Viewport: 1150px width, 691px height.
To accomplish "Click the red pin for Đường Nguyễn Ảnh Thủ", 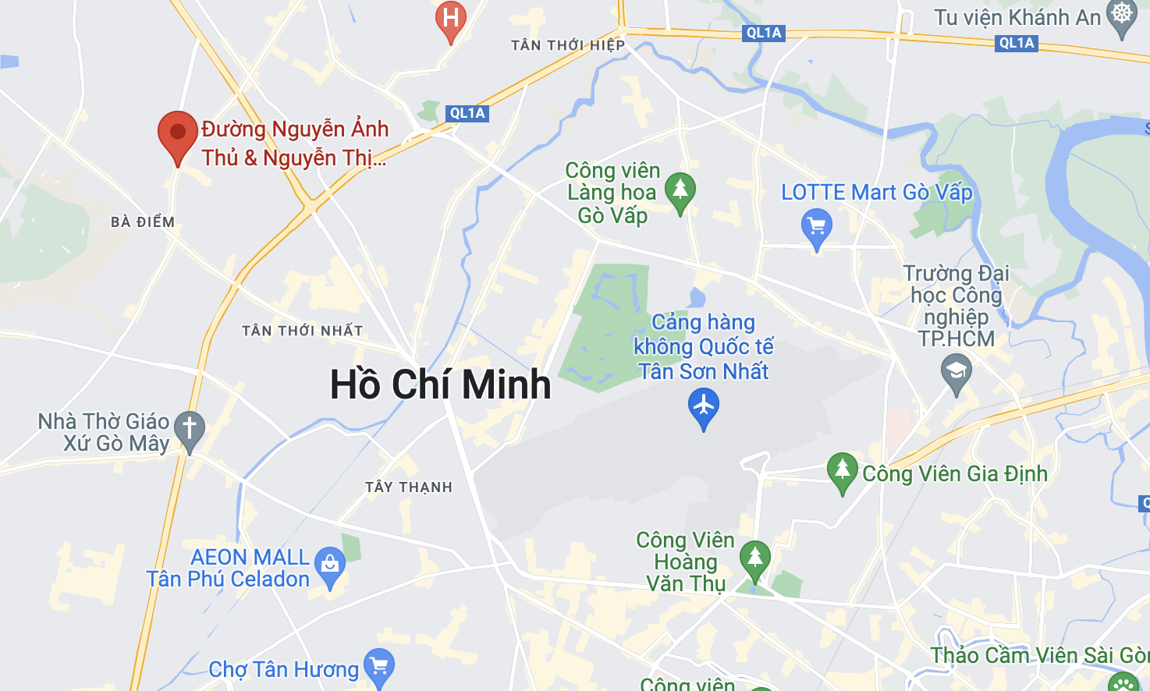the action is pyautogui.click(x=178, y=133).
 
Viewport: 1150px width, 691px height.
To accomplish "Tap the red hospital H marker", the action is pyautogui.click(x=450, y=17).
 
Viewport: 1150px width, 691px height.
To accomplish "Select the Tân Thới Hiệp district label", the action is pyautogui.click(x=568, y=45).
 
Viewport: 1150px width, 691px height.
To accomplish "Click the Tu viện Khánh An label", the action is pyautogui.click(x=1017, y=17).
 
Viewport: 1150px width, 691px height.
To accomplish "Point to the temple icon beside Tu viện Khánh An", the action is pyautogui.click(x=1122, y=16).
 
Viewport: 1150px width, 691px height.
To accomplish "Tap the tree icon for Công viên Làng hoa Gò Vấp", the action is pyautogui.click(x=680, y=190).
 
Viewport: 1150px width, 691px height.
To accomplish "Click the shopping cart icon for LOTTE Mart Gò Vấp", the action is pyautogui.click(x=816, y=227).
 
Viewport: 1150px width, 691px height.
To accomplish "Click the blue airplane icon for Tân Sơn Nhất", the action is pyautogui.click(x=704, y=406).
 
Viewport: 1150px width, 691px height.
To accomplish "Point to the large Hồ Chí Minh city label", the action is pyautogui.click(x=440, y=384).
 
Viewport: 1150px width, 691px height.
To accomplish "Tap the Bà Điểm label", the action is pyautogui.click(x=143, y=222).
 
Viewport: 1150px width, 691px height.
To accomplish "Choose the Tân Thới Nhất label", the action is pyautogui.click(x=302, y=331).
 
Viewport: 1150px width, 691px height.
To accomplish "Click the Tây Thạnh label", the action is pyautogui.click(x=409, y=487).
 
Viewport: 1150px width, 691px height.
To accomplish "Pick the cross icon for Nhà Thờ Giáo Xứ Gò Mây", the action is pyautogui.click(x=189, y=428).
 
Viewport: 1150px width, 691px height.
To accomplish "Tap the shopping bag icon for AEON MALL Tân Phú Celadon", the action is pyautogui.click(x=329, y=563).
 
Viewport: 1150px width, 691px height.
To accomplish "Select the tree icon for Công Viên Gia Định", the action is pyautogui.click(x=842, y=470).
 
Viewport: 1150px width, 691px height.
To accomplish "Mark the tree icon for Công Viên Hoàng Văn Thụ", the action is pyautogui.click(x=754, y=558).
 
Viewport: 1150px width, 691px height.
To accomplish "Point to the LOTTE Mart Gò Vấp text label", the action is pyautogui.click(x=877, y=192).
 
